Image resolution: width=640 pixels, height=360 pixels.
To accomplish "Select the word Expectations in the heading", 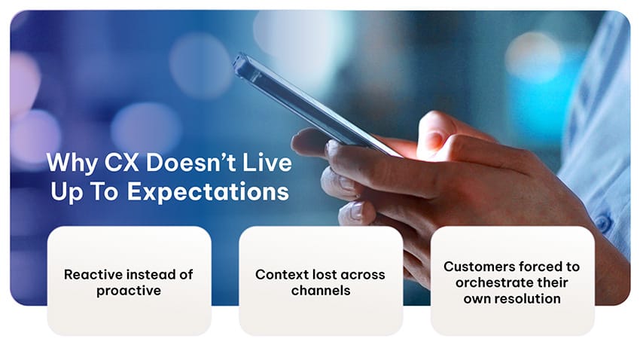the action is tap(208, 191).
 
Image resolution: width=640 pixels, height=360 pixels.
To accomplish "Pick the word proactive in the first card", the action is tap(129, 291).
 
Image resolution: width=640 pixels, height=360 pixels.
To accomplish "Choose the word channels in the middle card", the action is tap(321, 291).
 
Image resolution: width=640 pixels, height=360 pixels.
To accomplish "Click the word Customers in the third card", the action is tap(474, 267).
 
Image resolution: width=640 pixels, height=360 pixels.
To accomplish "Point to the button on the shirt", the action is tap(602, 222).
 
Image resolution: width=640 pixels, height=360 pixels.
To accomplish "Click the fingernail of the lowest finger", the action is tap(357, 212).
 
